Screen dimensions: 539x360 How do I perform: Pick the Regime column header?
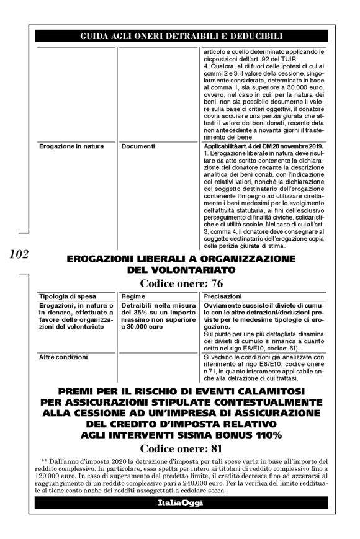tap(135, 297)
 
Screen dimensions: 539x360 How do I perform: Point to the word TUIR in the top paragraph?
tap(274, 60)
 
